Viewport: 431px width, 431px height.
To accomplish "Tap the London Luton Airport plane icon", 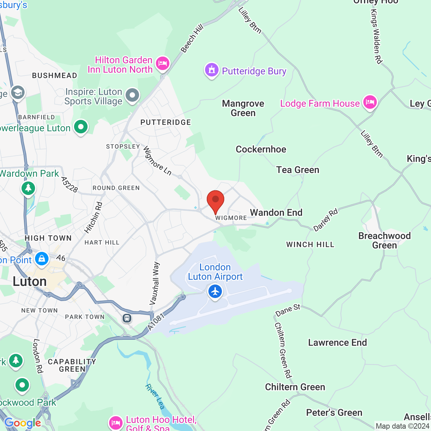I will tap(215, 291).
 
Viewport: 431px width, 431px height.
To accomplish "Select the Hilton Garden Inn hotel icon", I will tap(163, 63).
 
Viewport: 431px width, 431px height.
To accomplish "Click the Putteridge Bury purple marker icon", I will tap(212, 70).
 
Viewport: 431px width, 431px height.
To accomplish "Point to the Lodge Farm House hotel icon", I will tap(370, 102).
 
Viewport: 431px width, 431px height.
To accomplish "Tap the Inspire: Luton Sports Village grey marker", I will tap(132, 95).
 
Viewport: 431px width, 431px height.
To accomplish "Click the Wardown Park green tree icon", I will tap(28, 188).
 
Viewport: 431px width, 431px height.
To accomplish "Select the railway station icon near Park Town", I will tap(127, 318).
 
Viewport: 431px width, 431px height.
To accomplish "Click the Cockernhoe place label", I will tap(261, 149).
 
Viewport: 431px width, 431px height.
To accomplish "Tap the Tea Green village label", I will tap(298, 170).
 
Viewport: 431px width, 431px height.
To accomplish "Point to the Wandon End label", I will tap(276, 212).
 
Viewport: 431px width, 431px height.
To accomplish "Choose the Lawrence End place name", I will tap(337, 342).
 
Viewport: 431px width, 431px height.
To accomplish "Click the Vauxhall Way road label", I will tap(155, 284).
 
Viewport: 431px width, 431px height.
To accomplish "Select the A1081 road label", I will tap(156, 322).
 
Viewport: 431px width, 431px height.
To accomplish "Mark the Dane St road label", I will tap(288, 310).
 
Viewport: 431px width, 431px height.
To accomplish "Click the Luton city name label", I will tap(30, 281).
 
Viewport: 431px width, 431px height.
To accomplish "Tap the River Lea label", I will tap(155, 397).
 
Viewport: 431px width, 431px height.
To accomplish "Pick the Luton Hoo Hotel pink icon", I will tap(115, 423).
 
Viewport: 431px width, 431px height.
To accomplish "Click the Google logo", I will tap(23, 423).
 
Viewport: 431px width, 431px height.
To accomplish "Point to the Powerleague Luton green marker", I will tap(81, 127).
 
